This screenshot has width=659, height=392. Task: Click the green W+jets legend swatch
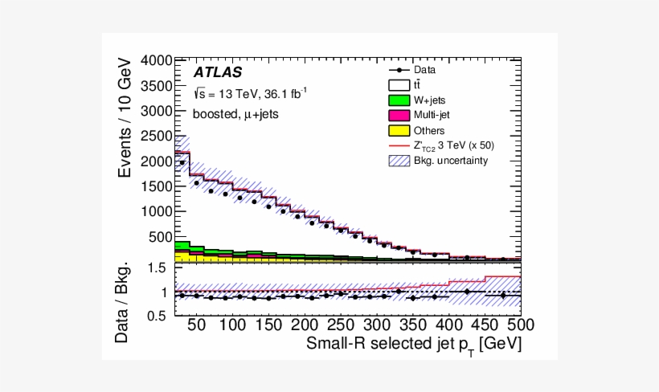tap(399, 100)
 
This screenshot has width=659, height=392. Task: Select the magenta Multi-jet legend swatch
tap(399, 115)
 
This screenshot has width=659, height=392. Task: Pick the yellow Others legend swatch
tap(399, 130)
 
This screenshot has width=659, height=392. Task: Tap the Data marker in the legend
tap(399, 70)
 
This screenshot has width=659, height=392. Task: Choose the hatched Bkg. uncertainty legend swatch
tap(399, 161)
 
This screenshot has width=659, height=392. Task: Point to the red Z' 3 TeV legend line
tap(399, 145)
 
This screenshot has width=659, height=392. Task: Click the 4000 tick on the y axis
tap(157, 61)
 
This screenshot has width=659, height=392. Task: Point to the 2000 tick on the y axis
tap(157, 161)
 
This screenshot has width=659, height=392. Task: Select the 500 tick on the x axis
tap(507, 325)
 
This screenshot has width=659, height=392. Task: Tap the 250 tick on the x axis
tap(339, 325)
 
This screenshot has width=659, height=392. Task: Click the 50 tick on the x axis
tap(196, 325)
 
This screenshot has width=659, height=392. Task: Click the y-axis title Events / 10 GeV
tap(125, 119)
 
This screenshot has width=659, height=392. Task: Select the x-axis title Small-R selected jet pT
tap(415, 345)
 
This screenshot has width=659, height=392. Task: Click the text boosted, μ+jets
tap(235, 113)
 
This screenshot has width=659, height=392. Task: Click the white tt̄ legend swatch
tap(399, 85)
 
